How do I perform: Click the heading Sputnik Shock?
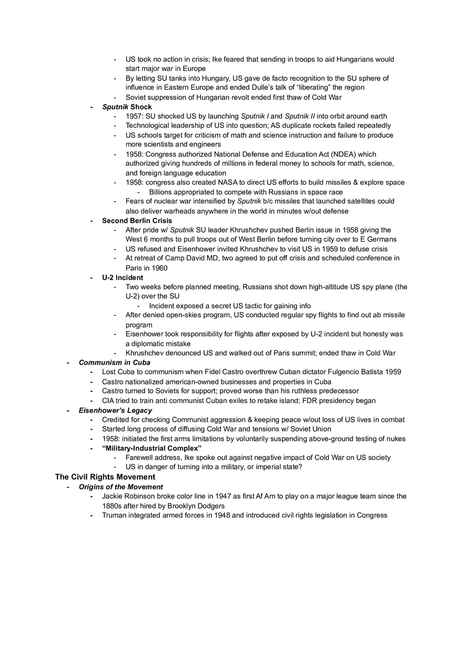[127, 107]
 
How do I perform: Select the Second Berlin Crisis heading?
[137, 220]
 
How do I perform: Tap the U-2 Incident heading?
[123, 277]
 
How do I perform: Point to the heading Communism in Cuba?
[114, 362]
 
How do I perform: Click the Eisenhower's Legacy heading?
[115, 410]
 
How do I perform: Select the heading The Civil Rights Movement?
[105, 477]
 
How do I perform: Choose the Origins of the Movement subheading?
[120, 487]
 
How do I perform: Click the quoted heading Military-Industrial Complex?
[152, 448]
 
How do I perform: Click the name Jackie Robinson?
[127, 496]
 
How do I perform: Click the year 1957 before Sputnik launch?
[134, 116]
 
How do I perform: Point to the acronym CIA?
[109, 401]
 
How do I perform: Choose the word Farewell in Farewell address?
[139, 458]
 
